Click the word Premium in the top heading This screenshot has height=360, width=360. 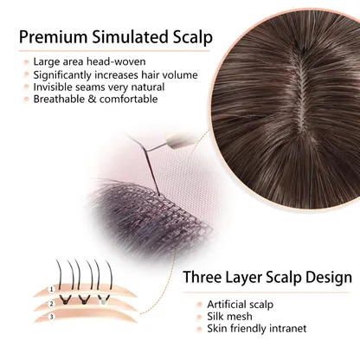[x=53, y=37]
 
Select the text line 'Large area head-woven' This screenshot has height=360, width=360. [x=89, y=61]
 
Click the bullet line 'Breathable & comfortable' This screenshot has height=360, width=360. [x=95, y=99]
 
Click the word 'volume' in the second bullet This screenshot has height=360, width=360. [x=179, y=74]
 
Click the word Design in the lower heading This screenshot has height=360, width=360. [x=329, y=278]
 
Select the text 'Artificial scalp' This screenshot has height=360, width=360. [x=240, y=305]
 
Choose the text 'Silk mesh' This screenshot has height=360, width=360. [x=229, y=317]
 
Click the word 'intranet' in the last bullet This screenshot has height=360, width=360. [x=287, y=329]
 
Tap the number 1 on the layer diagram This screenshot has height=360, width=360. [x=52, y=289]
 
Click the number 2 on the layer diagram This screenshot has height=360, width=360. [x=51, y=304]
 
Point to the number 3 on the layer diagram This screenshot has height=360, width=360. [x=52, y=317]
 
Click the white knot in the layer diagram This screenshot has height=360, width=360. [x=101, y=301]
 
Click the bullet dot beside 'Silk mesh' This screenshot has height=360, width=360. [x=199, y=317]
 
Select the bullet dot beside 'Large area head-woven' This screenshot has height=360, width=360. [x=27, y=62]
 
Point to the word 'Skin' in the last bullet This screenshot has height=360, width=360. [x=218, y=329]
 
